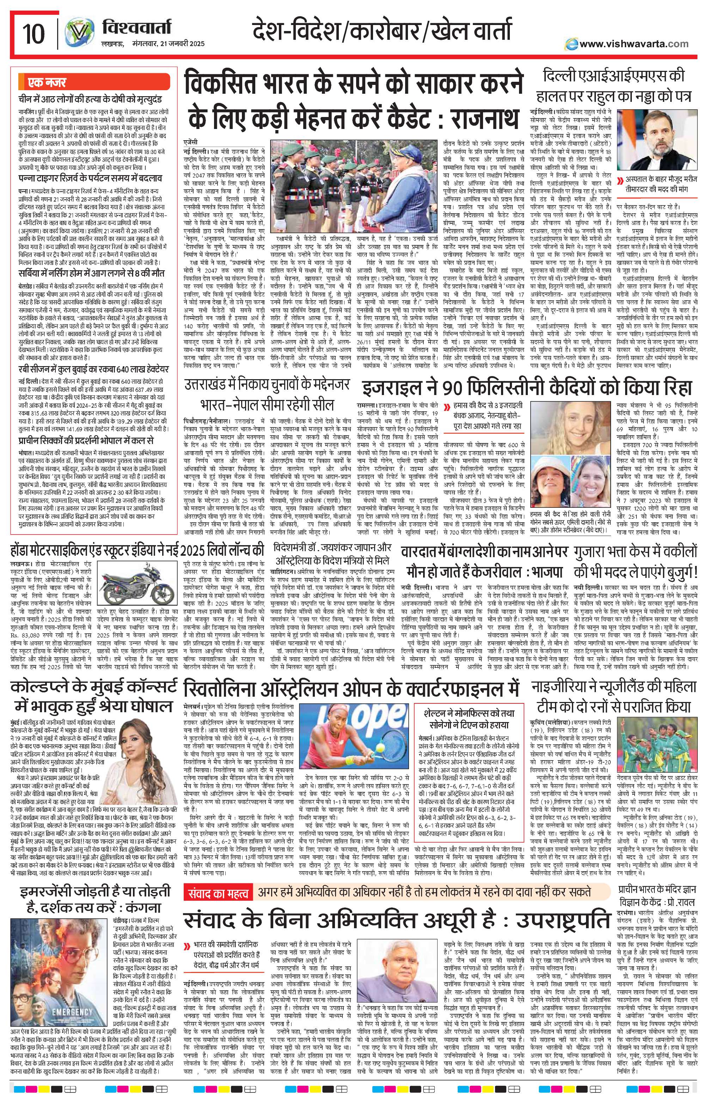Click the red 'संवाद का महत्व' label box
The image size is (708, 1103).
pos(218,893)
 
